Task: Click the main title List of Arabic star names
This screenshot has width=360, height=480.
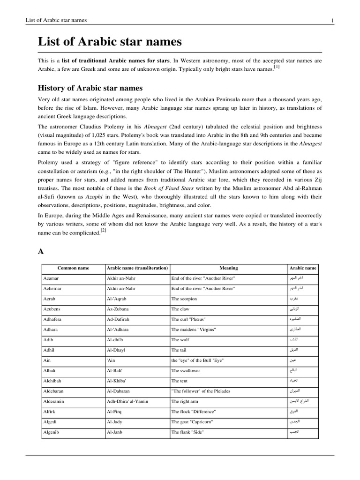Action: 110,42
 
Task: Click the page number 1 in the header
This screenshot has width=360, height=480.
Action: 332,20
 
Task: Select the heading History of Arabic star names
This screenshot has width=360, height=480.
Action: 90,88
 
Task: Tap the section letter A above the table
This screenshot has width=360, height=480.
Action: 41,252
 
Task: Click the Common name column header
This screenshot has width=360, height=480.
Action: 73,268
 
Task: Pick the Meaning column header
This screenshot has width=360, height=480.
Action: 229,268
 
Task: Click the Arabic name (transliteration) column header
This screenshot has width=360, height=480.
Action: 137,268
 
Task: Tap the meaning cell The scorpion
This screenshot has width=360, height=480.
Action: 184,299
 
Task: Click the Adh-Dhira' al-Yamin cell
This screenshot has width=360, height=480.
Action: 131,401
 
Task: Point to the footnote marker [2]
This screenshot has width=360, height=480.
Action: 104,231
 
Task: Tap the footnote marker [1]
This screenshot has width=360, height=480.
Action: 277,67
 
